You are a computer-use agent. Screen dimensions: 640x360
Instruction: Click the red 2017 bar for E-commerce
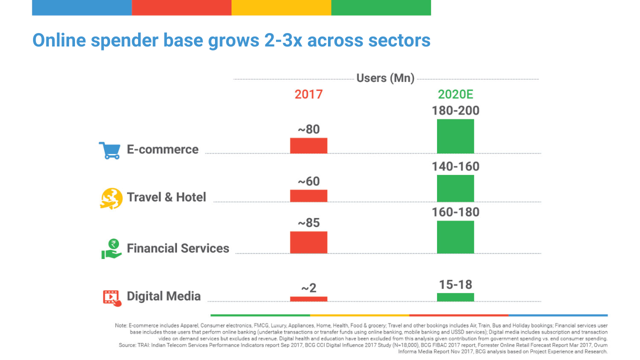click(308, 145)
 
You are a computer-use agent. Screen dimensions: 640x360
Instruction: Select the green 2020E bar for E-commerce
click(455, 136)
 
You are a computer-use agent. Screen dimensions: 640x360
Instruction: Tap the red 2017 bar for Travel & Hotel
click(308, 195)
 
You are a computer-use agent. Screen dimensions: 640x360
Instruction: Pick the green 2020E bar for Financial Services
click(455, 237)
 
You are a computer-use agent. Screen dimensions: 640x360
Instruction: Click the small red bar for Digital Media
click(308, 299)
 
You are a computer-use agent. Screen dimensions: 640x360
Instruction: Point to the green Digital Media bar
click(455, 297)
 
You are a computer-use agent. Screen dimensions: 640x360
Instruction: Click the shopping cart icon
click(109, 150)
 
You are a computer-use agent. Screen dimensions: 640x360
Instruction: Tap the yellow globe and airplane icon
click(111, 198)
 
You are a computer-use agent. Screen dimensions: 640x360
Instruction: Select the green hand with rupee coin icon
click(111, 249)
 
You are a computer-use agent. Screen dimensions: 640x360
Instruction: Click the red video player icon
click(112, 298)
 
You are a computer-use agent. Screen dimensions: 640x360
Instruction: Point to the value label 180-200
click(455, 110)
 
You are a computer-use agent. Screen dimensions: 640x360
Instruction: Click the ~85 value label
click(308, 223)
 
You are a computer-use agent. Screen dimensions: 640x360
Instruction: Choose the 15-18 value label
click(455, 284)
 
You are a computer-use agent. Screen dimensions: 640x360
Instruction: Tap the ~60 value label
click(308, 181)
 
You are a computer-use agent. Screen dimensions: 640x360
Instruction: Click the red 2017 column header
click(308, 94)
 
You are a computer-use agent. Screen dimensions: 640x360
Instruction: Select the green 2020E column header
click(455, 94)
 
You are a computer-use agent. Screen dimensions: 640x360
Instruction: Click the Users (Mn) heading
click(385, 78)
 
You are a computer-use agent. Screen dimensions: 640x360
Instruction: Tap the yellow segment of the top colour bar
click(281, 7)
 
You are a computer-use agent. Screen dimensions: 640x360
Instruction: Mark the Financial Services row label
click(178, 248)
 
